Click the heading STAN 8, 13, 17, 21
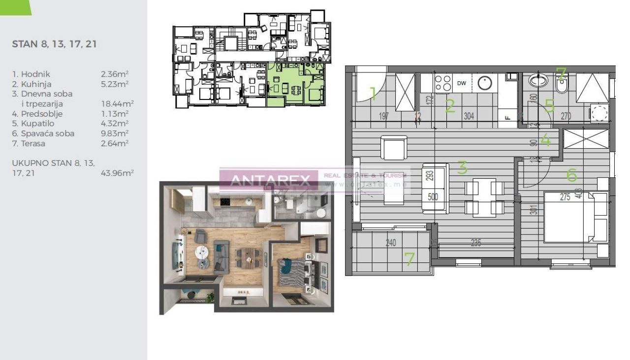54,44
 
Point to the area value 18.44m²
117,104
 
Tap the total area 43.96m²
117,173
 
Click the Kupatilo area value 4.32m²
115,124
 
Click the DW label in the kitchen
462,83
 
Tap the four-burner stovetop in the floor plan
443,83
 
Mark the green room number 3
462,168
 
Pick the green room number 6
571,174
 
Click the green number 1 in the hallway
373,93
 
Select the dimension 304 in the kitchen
469,116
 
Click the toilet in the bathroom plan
561,85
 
